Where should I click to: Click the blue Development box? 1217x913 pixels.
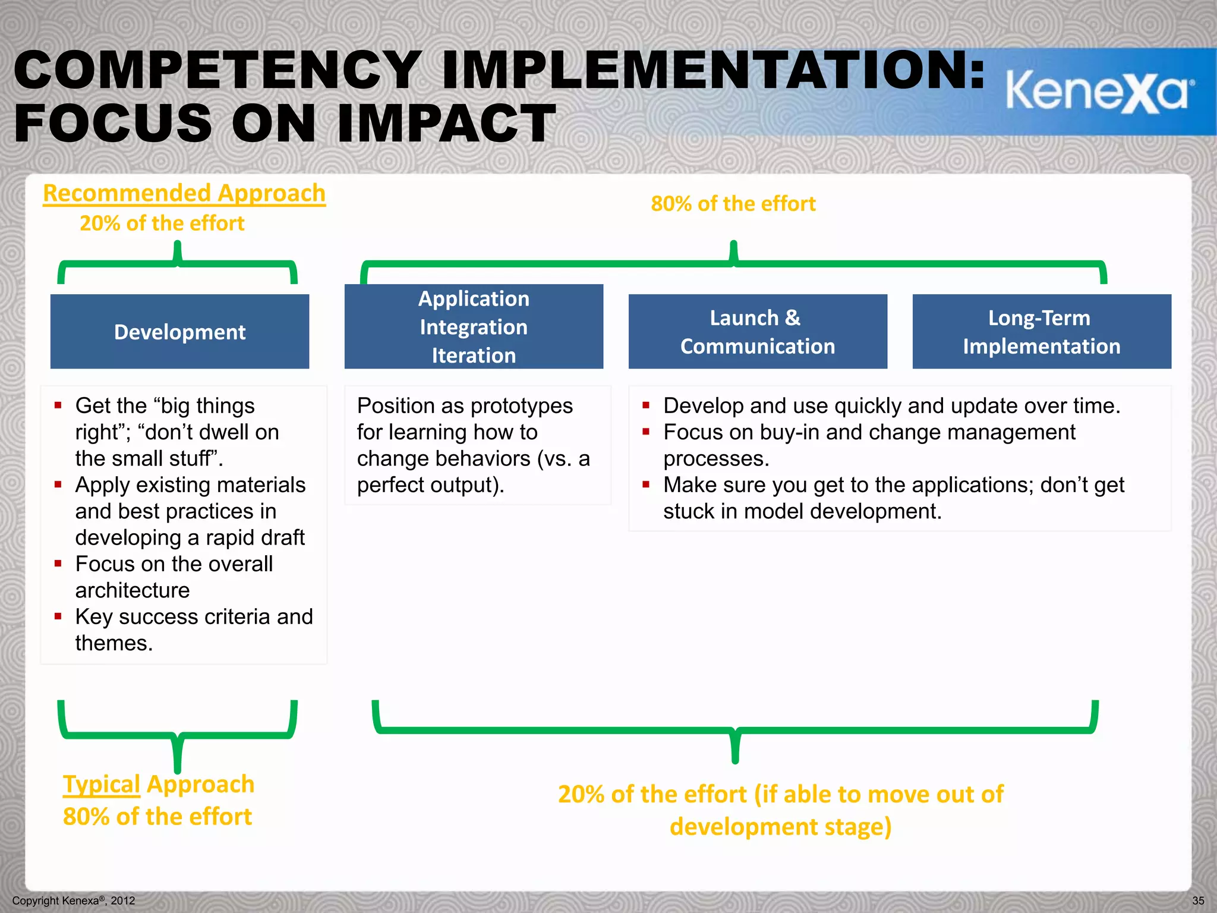pos(179,331)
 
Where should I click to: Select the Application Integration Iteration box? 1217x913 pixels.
pos(474,326)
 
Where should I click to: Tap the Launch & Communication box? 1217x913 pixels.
pos(758,331)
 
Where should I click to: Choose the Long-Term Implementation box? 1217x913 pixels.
pos(1041,331)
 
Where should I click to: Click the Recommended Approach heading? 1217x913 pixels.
pos(184,193)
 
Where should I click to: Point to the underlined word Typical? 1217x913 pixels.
pos(101,784)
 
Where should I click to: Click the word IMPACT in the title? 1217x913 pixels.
pos(446,124)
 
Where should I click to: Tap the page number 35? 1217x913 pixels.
pos(1198,901)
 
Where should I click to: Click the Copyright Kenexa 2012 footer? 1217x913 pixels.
pos(74,901)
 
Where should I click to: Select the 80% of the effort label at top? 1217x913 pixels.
pos(733,204)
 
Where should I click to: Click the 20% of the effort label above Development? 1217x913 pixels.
pos(162,223)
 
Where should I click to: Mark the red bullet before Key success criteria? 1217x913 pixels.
pos(58,616)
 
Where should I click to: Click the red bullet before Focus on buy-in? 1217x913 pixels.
pos(646,432)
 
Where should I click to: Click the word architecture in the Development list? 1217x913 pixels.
pos(133,590)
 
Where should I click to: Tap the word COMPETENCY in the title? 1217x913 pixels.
pos(217,70)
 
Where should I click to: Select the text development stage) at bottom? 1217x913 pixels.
pos(780,827)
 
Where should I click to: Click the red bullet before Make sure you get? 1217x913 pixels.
pos(646,485)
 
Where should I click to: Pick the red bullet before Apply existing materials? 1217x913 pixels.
pos(58,485)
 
